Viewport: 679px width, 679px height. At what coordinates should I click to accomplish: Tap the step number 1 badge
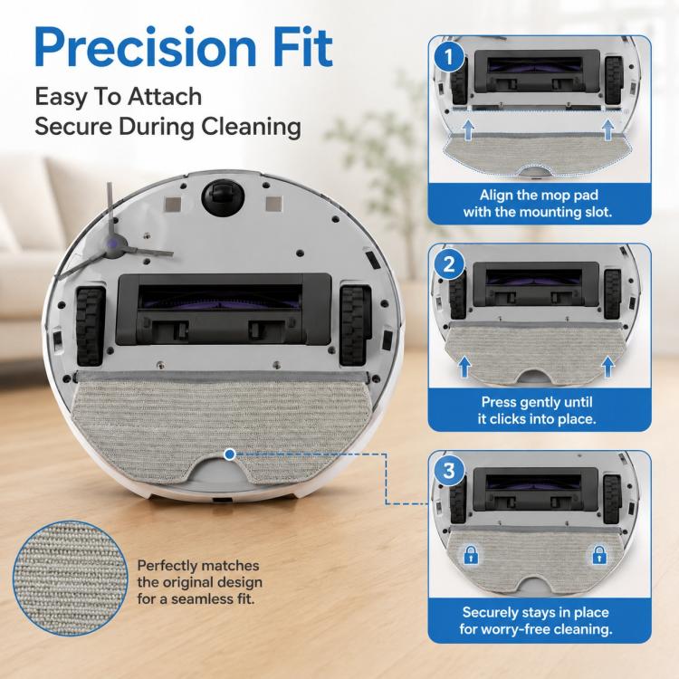(x=449, y=57)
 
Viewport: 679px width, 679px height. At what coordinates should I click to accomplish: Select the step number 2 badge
(x=449, y=263)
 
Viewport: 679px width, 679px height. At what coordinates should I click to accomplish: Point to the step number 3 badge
(x=449, y=470)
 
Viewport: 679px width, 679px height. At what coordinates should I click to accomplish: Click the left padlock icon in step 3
(x=471, y=554)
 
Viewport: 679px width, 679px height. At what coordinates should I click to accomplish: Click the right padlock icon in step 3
(x=599, y=554)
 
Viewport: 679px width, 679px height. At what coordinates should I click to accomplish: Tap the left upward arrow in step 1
(x=469, y=129)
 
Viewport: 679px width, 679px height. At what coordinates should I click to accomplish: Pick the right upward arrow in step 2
(x=608, y=367)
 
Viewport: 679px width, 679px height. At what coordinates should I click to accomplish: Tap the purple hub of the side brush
(x=114, y=243)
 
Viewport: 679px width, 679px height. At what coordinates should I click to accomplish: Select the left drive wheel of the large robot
(x=91, y=326)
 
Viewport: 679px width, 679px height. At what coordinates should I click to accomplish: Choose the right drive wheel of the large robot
(x=354, y=325)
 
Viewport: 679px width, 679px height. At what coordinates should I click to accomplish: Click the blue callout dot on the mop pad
(x=230, y=454)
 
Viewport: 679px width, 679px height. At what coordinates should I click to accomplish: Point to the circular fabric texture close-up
(x=70, y=579)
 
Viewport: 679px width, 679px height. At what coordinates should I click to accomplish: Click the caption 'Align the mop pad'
(x=539, y=195)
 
